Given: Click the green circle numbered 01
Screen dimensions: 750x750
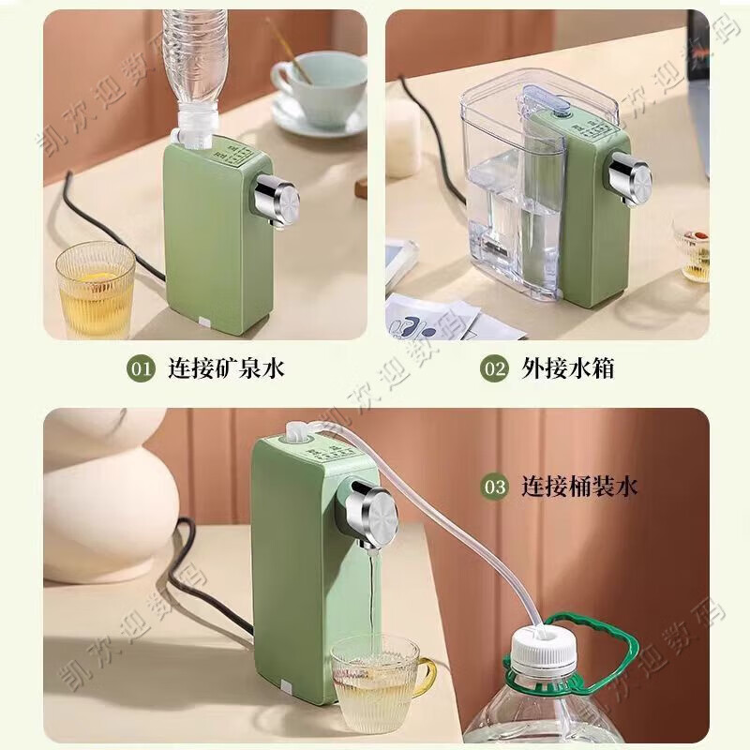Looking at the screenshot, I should (142, 368).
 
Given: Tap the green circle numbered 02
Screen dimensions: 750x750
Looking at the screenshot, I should (494, 368).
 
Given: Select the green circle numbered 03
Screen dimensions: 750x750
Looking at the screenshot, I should (494, 487).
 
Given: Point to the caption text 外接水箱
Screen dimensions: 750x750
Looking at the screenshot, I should (567, 368).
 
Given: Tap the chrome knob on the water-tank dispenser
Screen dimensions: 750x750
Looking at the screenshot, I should (628, 174).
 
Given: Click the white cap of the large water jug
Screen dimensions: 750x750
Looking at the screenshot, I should (544, 647).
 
